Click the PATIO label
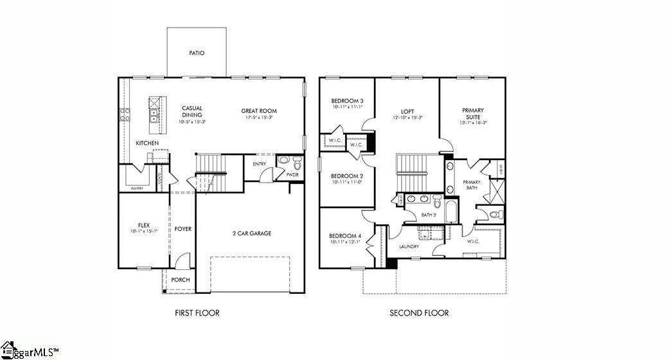[197, 53]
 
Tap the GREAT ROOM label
[258, 110]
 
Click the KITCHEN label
[147, 143]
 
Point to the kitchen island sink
[154, 116]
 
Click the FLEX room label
[143, 225]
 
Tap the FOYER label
[183, 229]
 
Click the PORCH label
[180, 280]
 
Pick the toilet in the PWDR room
[297, 161]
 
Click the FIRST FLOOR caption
[197, 313]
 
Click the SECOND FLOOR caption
[419, 313]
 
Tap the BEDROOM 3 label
[347, 101]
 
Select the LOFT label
[407, 111]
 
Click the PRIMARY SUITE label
[473, 114]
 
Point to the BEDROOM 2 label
[347, 176]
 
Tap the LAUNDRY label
[409, 246]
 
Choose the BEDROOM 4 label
[345, 236]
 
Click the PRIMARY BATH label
[472, 185]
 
